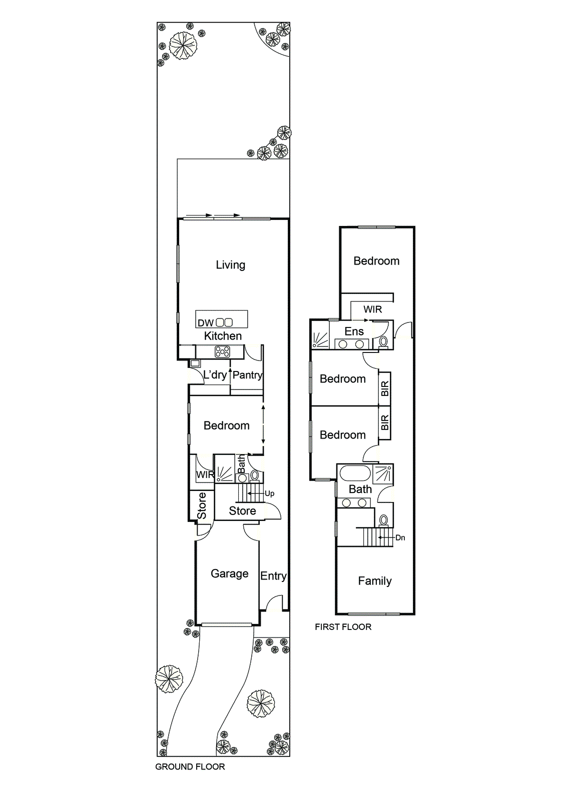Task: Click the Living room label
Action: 231,265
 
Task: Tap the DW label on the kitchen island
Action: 206,323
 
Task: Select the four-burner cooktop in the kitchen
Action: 222,352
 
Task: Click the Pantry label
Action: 247,375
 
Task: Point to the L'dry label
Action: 215,374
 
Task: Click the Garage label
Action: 230,573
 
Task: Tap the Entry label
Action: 274,575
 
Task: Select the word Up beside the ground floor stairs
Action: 270,493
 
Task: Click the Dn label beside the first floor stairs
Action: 400,537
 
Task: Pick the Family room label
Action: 375,581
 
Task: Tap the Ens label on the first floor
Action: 354,331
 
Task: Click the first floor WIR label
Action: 372,309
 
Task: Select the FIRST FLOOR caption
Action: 343,626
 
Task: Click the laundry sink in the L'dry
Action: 195,363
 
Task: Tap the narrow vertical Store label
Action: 202,505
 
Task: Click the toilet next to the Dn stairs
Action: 383,520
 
